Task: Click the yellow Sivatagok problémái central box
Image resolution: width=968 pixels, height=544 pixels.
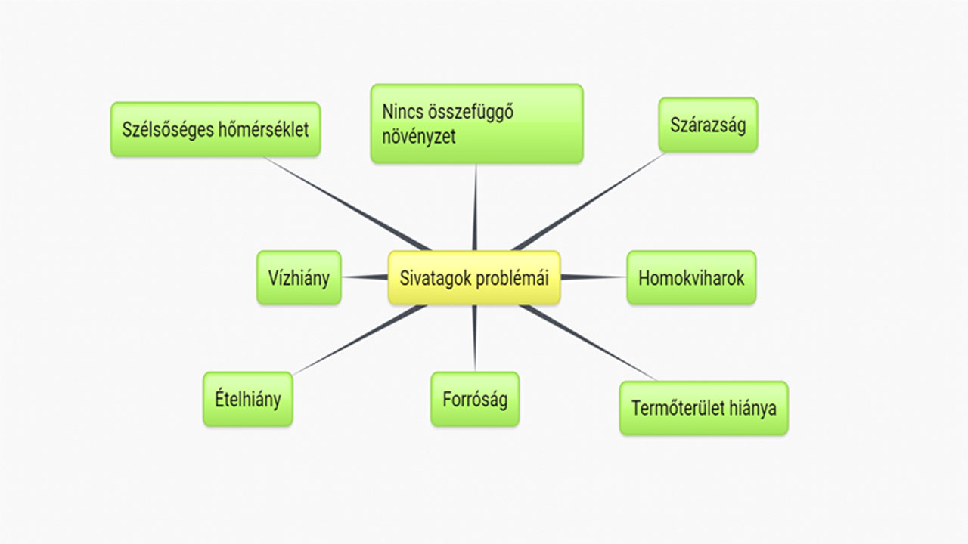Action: coord(474,278)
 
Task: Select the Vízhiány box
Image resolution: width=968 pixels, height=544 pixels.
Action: coord(299,278)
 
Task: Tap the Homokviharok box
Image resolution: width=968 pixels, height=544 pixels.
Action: coord(691,278)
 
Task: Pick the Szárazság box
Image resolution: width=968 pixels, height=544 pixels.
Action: coord(708,125)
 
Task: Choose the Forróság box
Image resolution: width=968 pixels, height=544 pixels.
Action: coord(475,400)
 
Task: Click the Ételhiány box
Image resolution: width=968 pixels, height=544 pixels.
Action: coord(248,400)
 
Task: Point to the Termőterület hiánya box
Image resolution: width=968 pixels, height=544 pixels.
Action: coord(704,408)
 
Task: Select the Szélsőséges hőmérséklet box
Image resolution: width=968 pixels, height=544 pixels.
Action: coord(216,129)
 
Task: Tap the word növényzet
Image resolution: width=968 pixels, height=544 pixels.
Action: coord(419,137)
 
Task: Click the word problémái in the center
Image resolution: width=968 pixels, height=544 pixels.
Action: coord(512,279)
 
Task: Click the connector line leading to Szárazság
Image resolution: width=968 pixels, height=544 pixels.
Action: coord(588,202)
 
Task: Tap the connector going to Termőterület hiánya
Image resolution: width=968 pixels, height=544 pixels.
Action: coord(588,343)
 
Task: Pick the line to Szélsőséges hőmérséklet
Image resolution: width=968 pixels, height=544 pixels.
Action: coord(347,204)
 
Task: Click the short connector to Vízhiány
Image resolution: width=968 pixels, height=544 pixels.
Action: coord(365,277)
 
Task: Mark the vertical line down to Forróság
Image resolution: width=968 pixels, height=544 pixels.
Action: coord(474,338)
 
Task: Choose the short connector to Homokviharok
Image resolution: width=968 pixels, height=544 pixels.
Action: coord(594,277)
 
